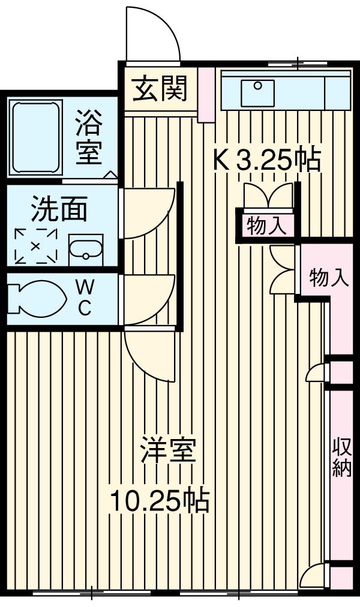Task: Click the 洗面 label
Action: (x=59, y=209)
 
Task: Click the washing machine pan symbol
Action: (x=35, y=246)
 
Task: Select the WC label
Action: (x=84, y=298)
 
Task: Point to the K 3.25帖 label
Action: (x=268, y=160)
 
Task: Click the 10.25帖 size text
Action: (x=159, y=500)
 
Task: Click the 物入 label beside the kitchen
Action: (x=266, y=227)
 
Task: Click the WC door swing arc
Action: (x=149, y=300)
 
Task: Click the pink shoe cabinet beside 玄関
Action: (x=206, y=95)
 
